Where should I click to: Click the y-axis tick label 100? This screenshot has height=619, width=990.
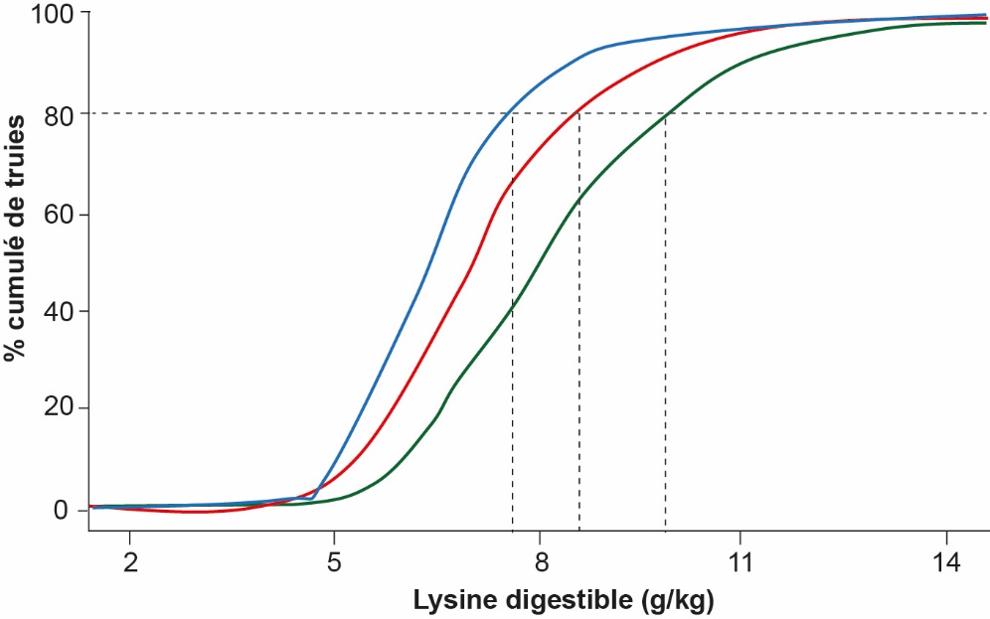click(x=46, y=14)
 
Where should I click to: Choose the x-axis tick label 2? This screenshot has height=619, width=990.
click(x=129, y=561)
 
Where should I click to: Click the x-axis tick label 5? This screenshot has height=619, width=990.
click(x=335, y=561)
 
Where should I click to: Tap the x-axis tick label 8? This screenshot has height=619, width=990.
click(x=540, y=561)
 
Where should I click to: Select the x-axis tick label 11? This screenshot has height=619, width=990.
click(x=740, y=561)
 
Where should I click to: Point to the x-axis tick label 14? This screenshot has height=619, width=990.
click(x=946, y=561)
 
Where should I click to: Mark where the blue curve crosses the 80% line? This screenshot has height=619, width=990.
click(x=512, y=113)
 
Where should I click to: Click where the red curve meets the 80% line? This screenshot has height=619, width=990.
click(x=578, y=113)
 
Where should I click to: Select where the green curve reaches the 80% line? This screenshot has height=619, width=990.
click(x=665, y=113)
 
